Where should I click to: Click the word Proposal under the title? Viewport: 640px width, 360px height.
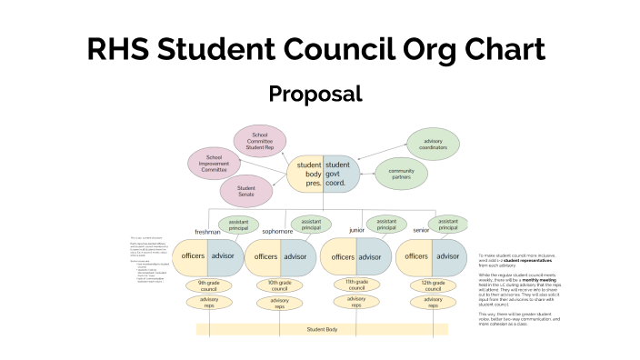(315, 94)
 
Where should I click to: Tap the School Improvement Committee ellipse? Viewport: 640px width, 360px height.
(215, 163)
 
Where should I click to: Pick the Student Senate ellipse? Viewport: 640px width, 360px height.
(245, 191)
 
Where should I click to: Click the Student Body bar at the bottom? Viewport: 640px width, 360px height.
(322, 329)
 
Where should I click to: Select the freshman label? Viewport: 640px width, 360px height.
(207, 232)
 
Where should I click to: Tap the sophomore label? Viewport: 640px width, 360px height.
(277, 232)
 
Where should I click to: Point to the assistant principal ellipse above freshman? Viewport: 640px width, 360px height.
(237, 225)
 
